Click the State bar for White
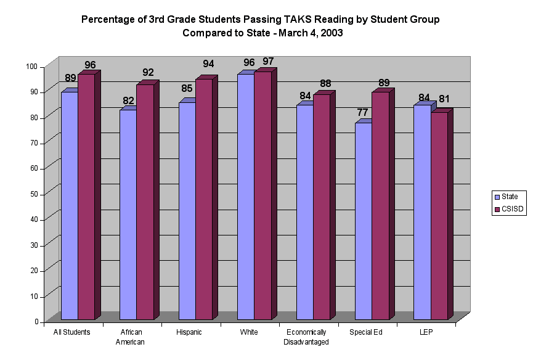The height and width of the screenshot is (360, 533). pos(245,197)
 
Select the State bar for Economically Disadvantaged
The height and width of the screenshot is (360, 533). pos(304,212)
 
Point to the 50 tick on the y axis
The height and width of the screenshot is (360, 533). pos(31,194)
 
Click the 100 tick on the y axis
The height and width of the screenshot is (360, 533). pos(31,67)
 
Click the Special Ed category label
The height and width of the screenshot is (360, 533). pos(365,332)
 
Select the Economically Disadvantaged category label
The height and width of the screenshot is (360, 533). pos(306,337)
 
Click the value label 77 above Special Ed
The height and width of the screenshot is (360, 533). pos(362,113)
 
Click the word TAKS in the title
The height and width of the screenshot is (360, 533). pos(276,20)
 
